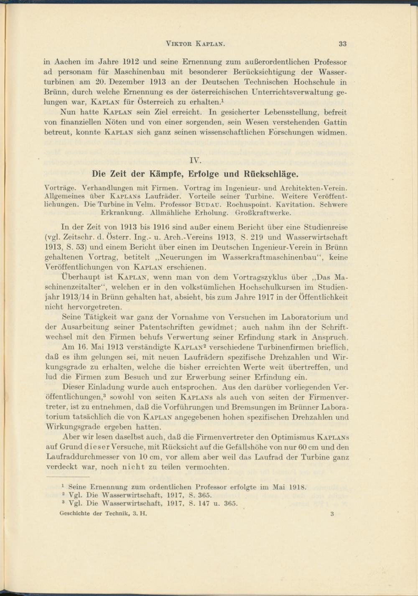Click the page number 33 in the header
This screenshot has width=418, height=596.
click(342, 44)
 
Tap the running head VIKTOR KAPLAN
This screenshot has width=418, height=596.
click(196, 44)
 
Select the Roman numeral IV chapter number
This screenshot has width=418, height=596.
click(195, 160)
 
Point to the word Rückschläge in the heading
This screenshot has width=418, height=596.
click(272, 174)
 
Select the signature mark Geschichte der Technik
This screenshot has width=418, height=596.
click(103, 514)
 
